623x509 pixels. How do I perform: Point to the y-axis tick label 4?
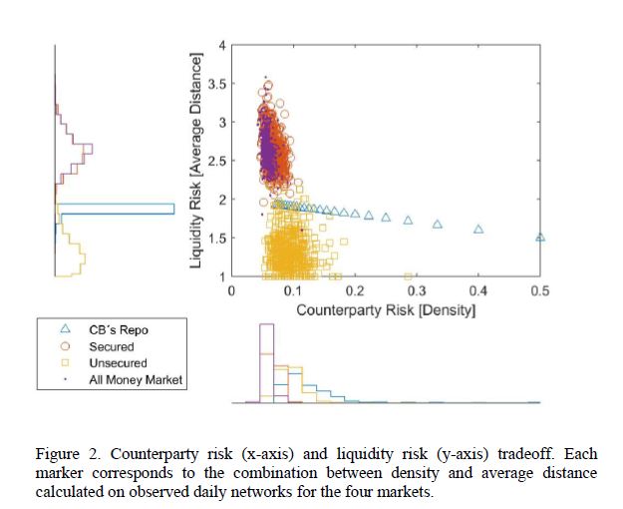[222, 45]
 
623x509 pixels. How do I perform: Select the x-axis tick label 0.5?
[539, 290]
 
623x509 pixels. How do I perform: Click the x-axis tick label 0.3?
[416, 290]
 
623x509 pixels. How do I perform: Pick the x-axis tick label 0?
[232, 290]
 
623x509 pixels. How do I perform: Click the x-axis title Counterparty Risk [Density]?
[386, 310]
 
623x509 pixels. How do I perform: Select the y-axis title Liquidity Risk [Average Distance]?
[196, 161]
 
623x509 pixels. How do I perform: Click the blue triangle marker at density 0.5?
[540, 238]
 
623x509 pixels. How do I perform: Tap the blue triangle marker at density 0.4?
[478, 229]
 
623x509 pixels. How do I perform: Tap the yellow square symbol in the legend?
[66, 363]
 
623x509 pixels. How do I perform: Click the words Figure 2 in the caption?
[66, 455]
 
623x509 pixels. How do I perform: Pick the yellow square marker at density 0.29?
[409, 275]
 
